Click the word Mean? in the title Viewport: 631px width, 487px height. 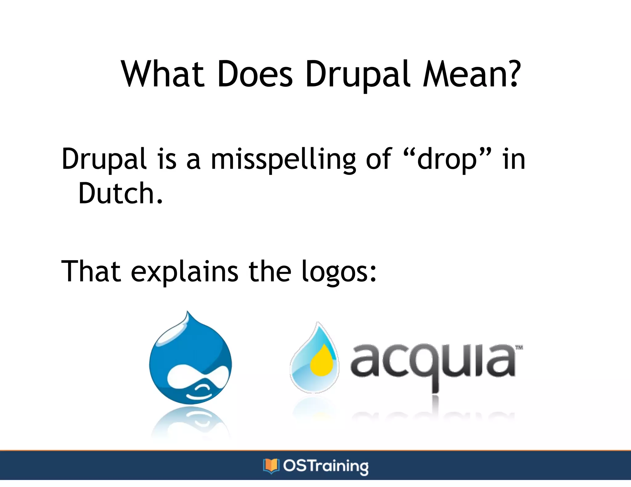(472, 74)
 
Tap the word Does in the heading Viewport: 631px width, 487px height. (255, 74)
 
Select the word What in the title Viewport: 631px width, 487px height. (163, 74)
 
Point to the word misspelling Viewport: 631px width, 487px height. (283, 159)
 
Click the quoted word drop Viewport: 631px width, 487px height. (446, 159)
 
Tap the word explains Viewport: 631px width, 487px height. (184, 272)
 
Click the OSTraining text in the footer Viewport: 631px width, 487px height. (326, 466)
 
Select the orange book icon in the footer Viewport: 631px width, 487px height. (271, 465)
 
